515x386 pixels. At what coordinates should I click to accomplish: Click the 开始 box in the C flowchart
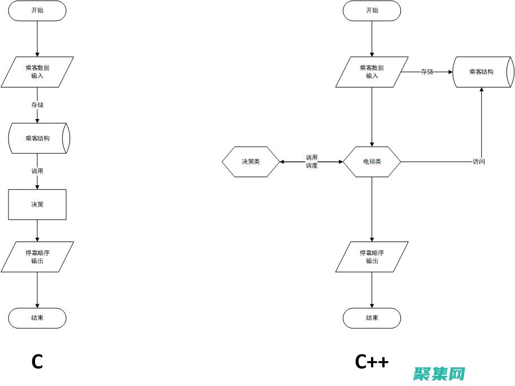tap(37, 11)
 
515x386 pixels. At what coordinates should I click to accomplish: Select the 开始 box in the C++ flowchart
tap(372, 11)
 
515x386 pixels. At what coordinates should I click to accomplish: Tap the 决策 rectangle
tap(37, 204)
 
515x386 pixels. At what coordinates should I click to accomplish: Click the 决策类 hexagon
tap(251, 162)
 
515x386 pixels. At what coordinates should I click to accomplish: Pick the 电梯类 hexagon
tap(372, 162)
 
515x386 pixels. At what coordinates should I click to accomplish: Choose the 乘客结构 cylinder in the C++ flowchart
tap(482, 72)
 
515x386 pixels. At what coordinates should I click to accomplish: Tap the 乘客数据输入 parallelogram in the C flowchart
tap(37, 72)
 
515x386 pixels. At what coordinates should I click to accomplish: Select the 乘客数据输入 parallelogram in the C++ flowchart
tap(372, 72)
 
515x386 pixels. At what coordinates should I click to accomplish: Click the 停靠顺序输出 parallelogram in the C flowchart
tap(37, 257)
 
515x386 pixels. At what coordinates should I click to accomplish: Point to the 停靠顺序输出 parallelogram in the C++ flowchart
tap(372, 257)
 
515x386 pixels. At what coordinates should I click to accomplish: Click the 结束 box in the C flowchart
tap(37, 318)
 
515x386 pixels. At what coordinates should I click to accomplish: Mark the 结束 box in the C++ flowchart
tap(372, 318)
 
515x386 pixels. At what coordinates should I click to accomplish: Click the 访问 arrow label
tap(479, 162)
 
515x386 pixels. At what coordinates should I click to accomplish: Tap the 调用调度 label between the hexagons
tap(312, 162)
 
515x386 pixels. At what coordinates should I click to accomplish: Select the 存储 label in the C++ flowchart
tap(427, 72)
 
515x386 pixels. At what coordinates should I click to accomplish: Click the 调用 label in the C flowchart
tap(37, 171)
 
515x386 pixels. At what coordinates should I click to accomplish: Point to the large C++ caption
tap(372, 361)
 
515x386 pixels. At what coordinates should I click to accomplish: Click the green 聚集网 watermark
tap(439, 373)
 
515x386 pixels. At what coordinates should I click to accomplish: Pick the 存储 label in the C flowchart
tap(37, 105)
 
